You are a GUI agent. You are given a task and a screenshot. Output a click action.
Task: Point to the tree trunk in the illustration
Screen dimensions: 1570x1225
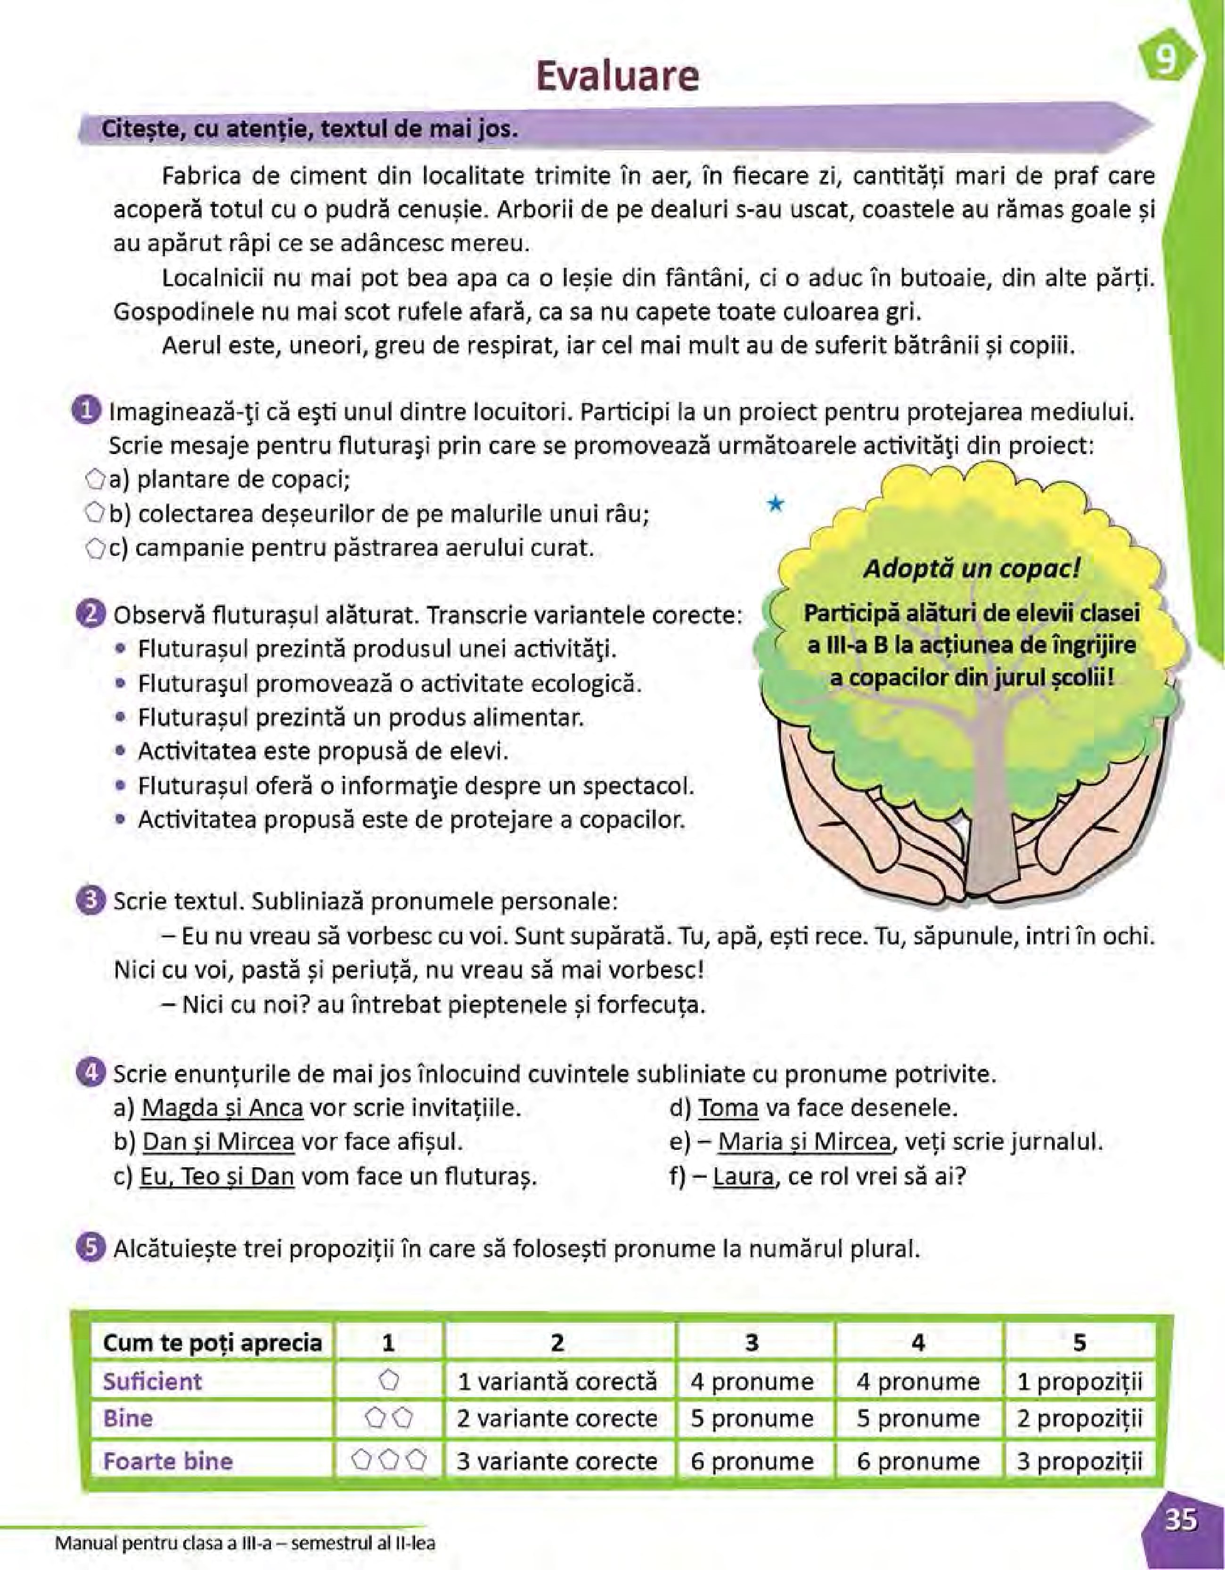click(x=992, y=812)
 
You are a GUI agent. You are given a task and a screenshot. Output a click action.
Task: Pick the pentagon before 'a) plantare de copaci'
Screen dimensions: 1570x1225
click(x=95, y=479)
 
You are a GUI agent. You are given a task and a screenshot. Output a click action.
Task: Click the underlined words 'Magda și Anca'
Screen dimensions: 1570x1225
click(x=222, y=1108)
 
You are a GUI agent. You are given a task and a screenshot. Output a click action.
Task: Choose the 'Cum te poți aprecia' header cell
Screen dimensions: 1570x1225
click(x=212, y=1342)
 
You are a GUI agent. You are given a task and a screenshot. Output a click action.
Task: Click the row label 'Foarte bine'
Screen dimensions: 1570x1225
click(x=168, y=1461)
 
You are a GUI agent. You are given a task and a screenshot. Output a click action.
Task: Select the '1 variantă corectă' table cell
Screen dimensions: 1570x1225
click(x=557, y=1381)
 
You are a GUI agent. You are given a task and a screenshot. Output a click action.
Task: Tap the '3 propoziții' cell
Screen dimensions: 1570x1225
click(x=1078, y=1461)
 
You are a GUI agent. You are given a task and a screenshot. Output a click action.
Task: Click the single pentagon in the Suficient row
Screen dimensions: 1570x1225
click(x=389, y=1380)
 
